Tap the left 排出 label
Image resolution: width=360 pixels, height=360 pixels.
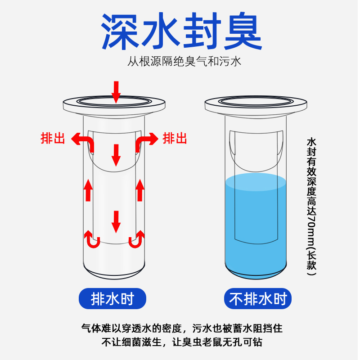pyautogui.click(x=53, y=138)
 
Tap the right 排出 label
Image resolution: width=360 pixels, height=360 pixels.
pyautogui.click(x=175, y=138)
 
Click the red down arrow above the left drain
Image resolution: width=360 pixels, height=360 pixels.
pyautogui.click(x=116, y=91)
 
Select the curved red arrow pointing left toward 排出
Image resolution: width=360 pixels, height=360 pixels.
pyautogui.click(x=85, y=142)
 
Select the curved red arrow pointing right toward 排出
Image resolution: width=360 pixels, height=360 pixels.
pyautogui.click(x=146, y=142)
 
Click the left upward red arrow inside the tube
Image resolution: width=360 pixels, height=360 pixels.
pyautogui.click(x=89, y=190)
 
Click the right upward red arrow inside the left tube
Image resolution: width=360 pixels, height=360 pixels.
pyautogui.click(x=140, y=190)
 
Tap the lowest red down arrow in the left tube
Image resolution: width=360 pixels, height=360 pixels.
pyautogui.click(x=116, y=221)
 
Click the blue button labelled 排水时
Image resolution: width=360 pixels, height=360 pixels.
pyautogui.click(x=112, y=298)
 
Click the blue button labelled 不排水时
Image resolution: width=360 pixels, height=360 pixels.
pyautogui.click(x=258, y=298)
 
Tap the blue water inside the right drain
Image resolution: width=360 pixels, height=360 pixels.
pyautogui.click(x=256, y=225)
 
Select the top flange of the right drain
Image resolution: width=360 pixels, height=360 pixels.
pyautogui.click(x=256, y=104)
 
